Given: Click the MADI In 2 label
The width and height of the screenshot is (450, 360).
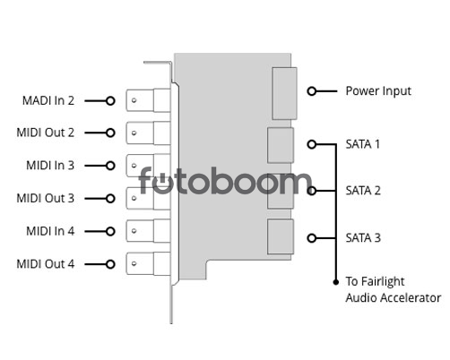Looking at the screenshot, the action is (48, 100).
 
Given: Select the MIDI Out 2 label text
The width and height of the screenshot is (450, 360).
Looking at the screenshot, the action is (46, 133).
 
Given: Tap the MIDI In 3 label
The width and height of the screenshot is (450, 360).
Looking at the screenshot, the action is (50, 166).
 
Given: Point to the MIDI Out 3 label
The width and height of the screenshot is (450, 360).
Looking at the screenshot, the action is (46, 198).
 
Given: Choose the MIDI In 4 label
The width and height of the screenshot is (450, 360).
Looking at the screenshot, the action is (50, 231).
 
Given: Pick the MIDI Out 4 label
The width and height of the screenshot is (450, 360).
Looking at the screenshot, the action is (46, 264).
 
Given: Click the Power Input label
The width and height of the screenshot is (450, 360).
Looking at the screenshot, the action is (378, 91).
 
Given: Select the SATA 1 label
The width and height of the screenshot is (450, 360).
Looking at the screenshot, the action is (363, 144).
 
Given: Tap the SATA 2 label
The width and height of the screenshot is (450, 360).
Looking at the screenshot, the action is (363, 191).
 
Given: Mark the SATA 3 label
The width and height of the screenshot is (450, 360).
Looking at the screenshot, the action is (363, 238).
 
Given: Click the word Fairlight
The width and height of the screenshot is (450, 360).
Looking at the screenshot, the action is (383, 282).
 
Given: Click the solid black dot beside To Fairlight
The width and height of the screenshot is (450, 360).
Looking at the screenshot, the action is (336, 282).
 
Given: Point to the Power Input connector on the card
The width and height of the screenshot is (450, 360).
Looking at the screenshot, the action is (284, 93).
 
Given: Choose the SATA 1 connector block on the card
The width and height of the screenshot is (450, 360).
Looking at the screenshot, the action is (281, 145).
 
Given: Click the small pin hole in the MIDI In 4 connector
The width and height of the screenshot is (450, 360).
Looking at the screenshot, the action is (134, 231).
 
